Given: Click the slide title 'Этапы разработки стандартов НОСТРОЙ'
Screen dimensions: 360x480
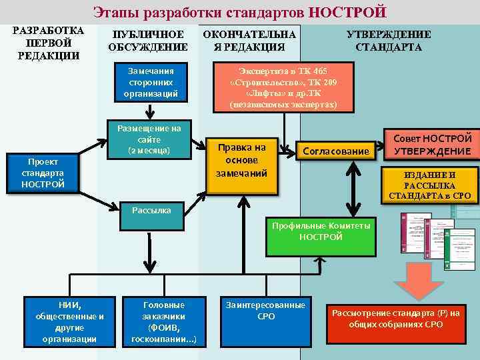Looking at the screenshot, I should point(239,12).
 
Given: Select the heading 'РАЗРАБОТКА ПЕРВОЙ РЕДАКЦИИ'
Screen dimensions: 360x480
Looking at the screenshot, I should point(48,43).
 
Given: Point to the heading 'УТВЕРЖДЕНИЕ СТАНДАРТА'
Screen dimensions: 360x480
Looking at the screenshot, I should point(388,41).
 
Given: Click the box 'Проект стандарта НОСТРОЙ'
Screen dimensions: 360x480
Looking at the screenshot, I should point(43,173).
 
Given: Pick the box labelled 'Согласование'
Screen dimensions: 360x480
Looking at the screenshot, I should point(335,151).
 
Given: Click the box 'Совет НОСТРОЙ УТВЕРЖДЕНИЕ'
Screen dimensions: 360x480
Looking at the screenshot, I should point(432,145).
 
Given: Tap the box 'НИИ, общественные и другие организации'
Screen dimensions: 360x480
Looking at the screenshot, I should point(69,321).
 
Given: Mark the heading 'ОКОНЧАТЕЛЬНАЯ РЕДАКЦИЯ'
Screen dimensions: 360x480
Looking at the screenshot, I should point(249,41).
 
